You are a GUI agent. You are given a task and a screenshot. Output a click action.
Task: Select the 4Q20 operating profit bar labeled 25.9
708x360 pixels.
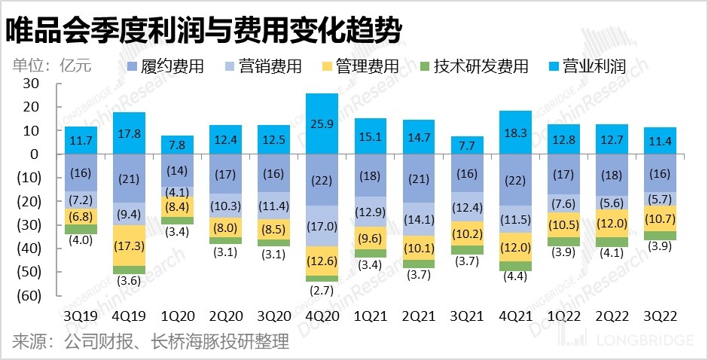point(322,124)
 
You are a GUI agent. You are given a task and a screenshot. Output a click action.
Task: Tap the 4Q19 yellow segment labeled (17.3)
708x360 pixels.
point(129,246)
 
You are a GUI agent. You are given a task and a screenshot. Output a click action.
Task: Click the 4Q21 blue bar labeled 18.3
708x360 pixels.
point(515,133)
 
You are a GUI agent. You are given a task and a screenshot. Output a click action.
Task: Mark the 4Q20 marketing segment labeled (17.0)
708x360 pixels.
point(322,226)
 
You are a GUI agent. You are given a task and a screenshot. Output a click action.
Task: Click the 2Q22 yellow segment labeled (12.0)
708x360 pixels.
point(612,224)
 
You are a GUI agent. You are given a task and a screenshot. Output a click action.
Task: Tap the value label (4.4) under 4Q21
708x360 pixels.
point(515,276)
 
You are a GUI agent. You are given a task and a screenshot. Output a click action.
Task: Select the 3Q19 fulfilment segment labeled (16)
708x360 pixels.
point(81,173)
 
